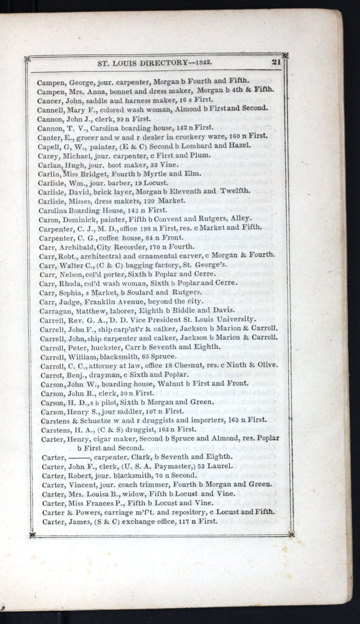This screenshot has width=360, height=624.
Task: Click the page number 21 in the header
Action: (x=276, y=62)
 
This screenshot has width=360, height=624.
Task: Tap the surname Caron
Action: (x=49, y=219)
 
